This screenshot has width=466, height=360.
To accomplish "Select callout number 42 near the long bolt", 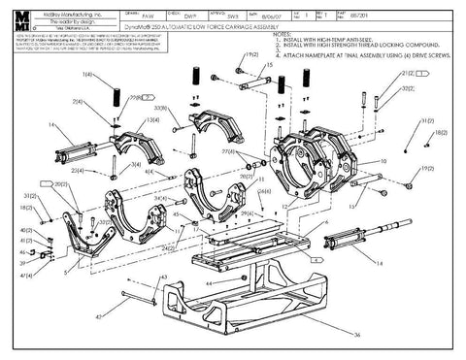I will coord(98,316).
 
